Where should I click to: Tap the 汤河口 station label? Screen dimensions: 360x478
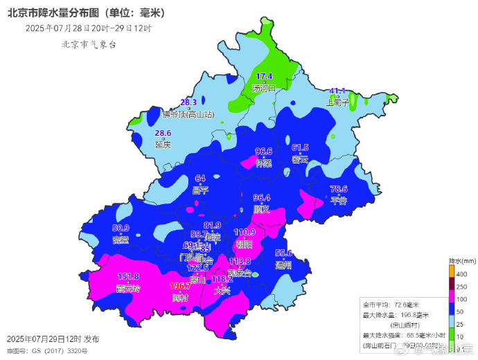[264, 88]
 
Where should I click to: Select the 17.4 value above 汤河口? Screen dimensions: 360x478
[265, 77]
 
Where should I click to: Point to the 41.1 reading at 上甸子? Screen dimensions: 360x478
[337, 91]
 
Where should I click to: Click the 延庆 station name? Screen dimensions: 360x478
[163, 145]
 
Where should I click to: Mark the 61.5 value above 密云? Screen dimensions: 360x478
[300, 148]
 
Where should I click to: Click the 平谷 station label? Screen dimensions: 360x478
[338, 201]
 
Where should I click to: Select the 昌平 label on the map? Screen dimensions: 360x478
[200, 190]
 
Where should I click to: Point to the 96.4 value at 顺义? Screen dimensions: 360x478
[262, 198]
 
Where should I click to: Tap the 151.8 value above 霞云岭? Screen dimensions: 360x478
[129, 277]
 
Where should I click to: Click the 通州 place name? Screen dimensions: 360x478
[284, 264]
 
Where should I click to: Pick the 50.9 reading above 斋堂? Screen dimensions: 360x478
[121, 228]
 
